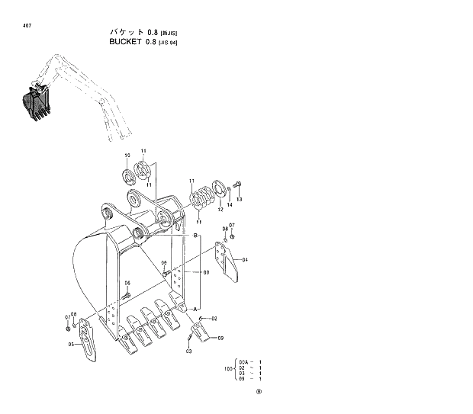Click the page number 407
click(27, 27)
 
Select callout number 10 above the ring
click(127, 156)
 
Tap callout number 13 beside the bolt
click(239, 199)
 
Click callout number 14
click(229, 206)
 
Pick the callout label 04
click(245, 260)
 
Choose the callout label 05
click(71, 344)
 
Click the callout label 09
click(220, 338)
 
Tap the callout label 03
click(188, 351)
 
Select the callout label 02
click(214, 318)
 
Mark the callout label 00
click(205, 272)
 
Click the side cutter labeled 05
click(88, 340)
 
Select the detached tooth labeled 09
click(200, 332)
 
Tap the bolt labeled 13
click(236, 185)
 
